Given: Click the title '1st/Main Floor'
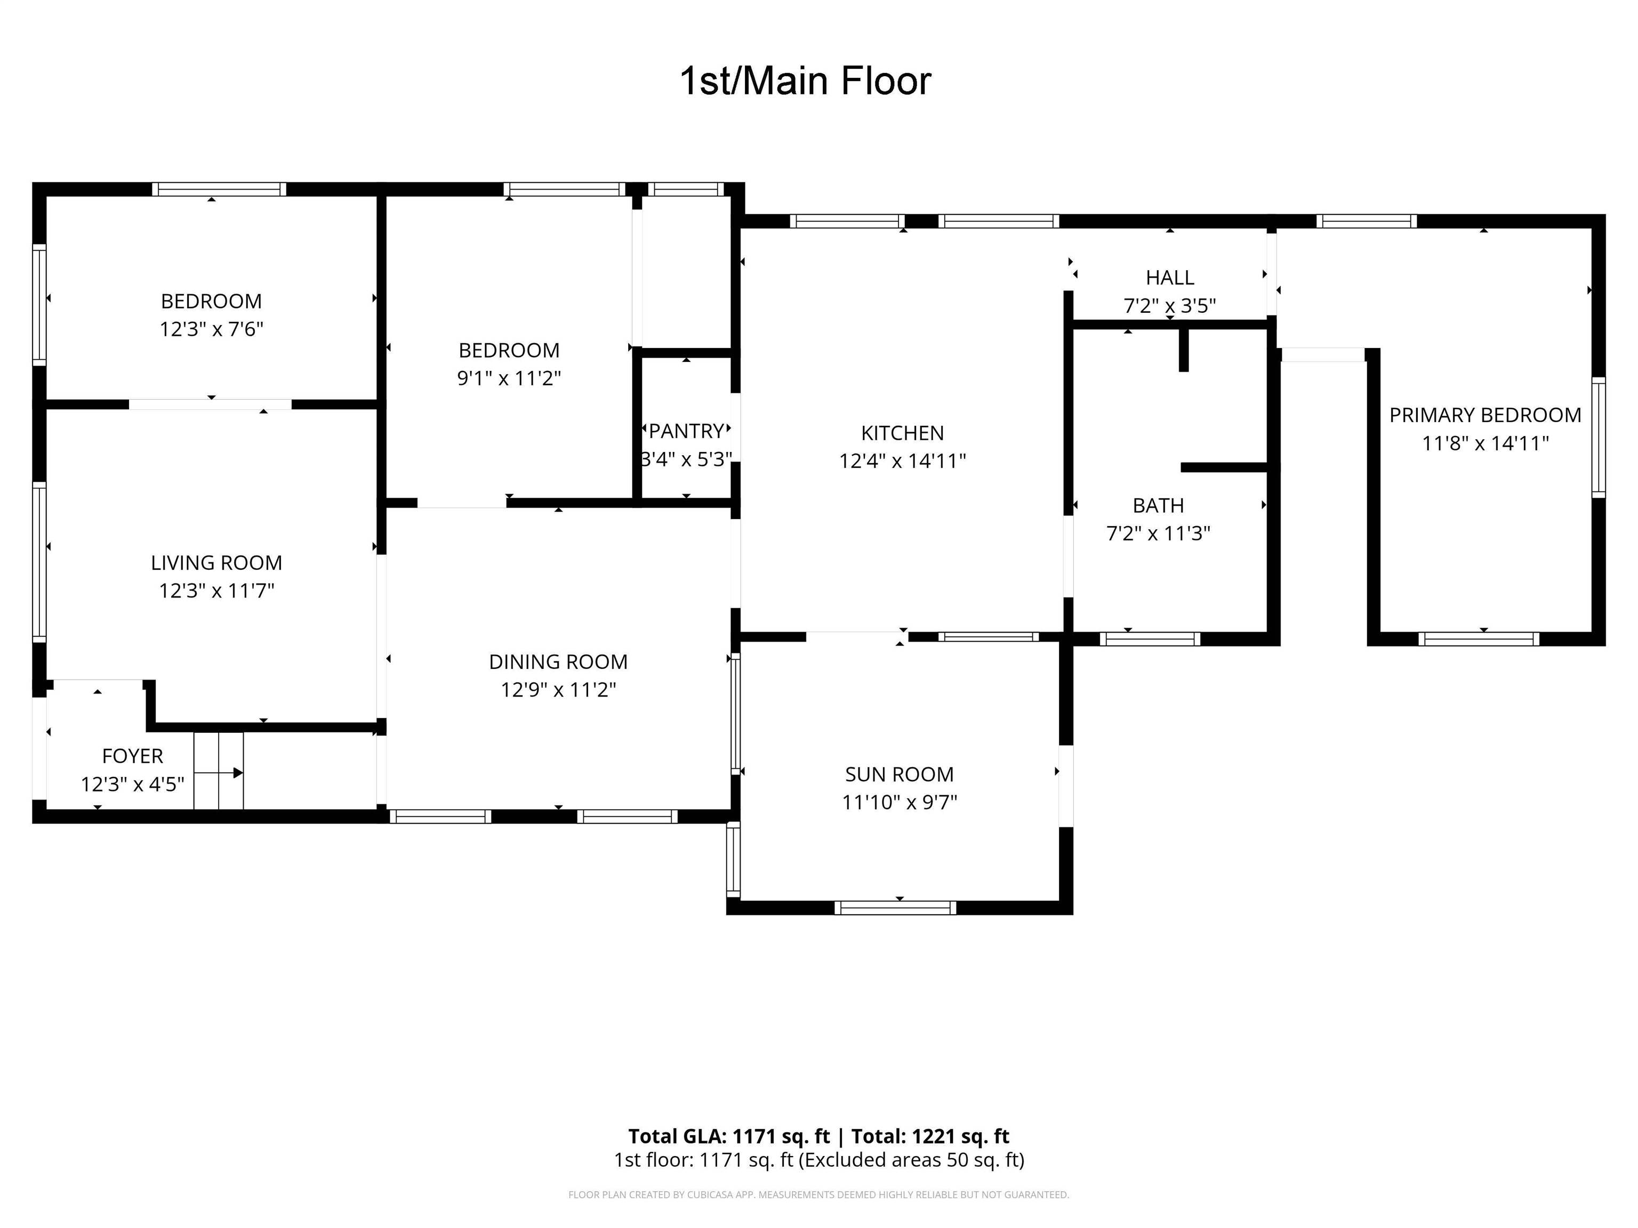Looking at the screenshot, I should click(x=805, y=82).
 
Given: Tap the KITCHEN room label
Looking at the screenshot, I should click(x=902, y=433).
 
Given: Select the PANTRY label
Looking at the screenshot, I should click(x=686, y=431).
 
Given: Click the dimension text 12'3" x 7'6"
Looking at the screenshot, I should click(x=211, y=329).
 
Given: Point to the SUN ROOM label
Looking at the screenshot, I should click(x=899, y=774).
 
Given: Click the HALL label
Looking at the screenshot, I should click(x=1169, y=278).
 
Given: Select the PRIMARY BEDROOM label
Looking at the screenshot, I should click(x=1485, y=415).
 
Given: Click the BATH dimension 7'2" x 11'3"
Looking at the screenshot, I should click(x=1158, y=534).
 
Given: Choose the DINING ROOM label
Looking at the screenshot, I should click(x=558, y=662).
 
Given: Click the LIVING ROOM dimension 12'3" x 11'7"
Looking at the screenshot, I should click(x=216, y=591).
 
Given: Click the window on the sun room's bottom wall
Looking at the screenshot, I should click(x=895, y=908).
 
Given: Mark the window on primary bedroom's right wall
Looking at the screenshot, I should click(x=1598, y=437).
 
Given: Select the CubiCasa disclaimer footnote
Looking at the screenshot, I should click(x=818, y=1195).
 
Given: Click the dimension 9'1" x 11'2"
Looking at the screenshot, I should click(x=509, y=378).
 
